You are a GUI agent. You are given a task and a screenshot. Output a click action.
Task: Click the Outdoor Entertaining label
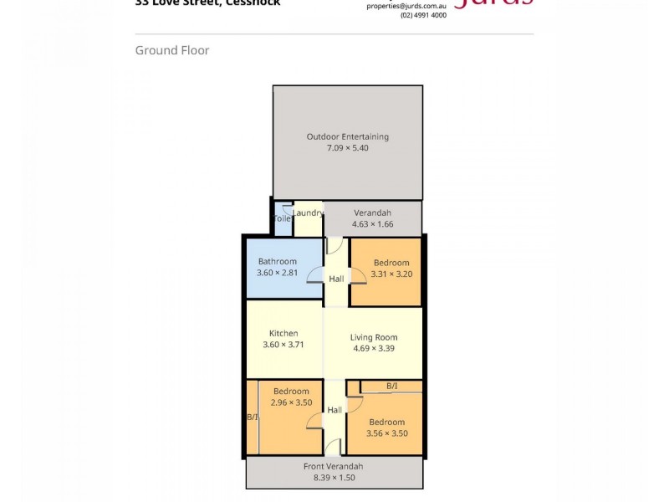(347, 137)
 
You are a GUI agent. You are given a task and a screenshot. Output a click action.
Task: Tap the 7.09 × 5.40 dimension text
(347, 148)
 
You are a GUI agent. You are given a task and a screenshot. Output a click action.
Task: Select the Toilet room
(283, 218)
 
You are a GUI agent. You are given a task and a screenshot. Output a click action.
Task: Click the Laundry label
(308, 213)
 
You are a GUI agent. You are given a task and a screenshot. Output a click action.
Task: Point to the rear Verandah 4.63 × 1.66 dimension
(372, 224)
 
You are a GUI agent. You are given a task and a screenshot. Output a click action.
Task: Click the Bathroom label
(277, 262)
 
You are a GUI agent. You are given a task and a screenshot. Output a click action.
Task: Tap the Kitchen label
(283, 333)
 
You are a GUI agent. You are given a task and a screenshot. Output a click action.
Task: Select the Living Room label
(373, 338)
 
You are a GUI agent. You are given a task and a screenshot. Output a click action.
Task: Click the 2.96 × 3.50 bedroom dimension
(290, 402)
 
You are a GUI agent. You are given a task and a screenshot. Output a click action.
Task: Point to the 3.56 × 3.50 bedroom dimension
(386, 433)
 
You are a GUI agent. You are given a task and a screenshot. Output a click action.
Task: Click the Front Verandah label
(334, 466)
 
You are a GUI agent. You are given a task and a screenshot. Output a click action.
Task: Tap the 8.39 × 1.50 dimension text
(334, 478)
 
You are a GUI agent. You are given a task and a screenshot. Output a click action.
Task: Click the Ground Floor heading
(172, 50)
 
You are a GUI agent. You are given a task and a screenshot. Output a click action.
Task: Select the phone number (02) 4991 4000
(423, 15)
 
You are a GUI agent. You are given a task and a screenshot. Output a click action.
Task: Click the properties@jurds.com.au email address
(406, 5)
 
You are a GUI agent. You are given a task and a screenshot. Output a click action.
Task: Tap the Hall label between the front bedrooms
(334, 410)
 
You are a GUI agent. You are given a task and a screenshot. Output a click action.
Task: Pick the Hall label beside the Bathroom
(336, 279)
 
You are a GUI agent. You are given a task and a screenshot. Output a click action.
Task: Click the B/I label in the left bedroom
(252, 417)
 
